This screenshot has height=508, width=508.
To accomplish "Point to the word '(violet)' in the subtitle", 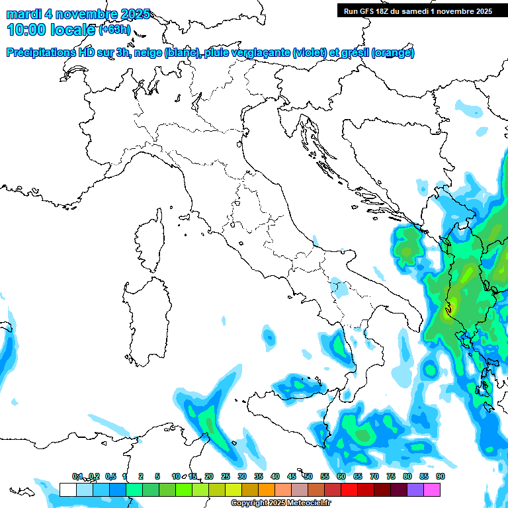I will [x=314, y=53].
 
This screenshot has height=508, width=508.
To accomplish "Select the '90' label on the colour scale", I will [x=441, y=477].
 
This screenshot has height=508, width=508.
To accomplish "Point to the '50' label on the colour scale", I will [x=308, y=477].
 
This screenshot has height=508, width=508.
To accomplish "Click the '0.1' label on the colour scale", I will [x=77, y=477].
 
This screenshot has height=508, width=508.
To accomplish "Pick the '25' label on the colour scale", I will [x=226, y=477].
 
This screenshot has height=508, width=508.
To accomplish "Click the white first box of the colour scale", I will [x=67, y=489].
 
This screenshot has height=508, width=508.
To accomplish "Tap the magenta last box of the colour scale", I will [x=432, y=489].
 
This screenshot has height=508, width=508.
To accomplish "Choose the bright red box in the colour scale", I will [x=349, y=489].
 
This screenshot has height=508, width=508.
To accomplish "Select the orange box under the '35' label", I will [x=267, y=489].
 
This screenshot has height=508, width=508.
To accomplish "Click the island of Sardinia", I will [x=147, y=317].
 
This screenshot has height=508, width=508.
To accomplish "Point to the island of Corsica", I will [x=151, y=235].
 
